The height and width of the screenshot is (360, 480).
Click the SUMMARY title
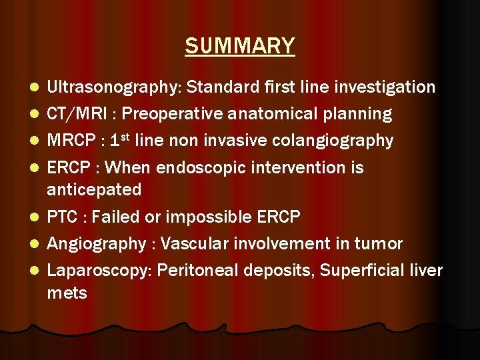coord(240,46)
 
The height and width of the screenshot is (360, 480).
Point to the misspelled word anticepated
coord(94,190)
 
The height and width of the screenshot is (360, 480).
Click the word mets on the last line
coord(67,293)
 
